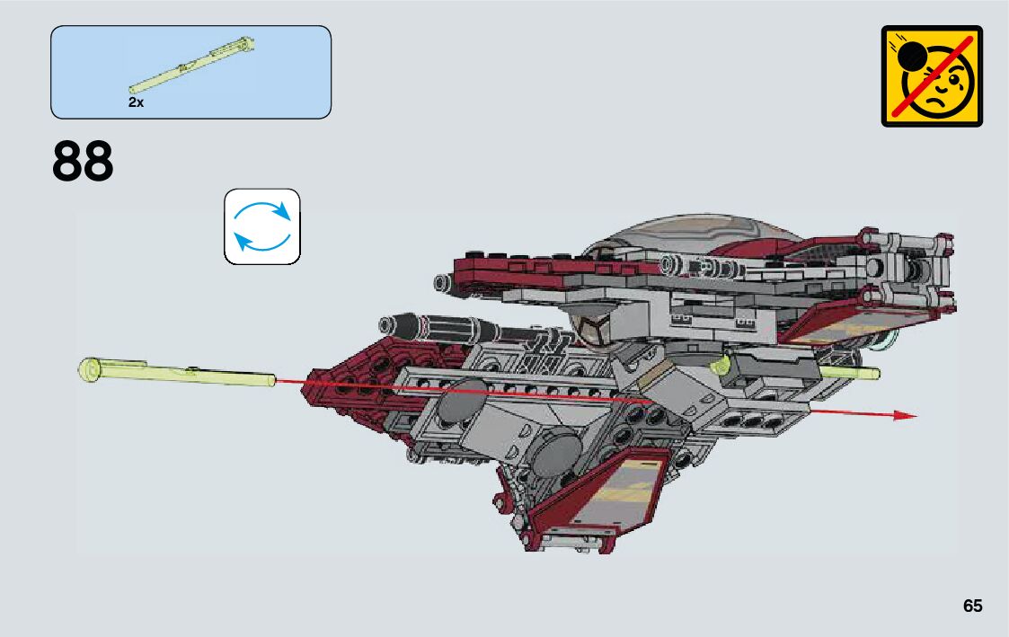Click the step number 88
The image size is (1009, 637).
(84, 162)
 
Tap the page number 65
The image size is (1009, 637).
(972, 606)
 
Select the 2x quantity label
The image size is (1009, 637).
(136, 103)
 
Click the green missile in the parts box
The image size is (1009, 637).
(191, 64)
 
